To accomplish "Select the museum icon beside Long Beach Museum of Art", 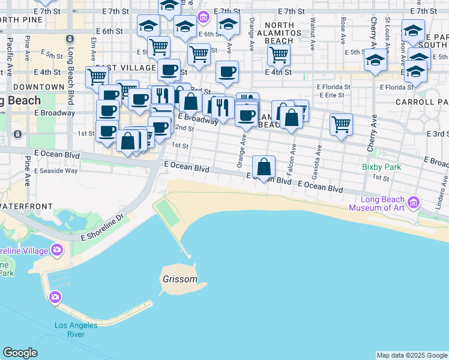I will pyautogui.click(x=413, y=203).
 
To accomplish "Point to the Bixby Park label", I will pyautogui.click(x=381, y=167).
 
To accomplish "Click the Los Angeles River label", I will pyautogui.click(x=76, y=329).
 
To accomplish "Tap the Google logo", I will pyautogui.click(x=20, y=353).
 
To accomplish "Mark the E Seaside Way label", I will pyautogui.click(x=56, y=170).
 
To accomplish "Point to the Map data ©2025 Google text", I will pyautogui.click(x=412, y=355).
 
